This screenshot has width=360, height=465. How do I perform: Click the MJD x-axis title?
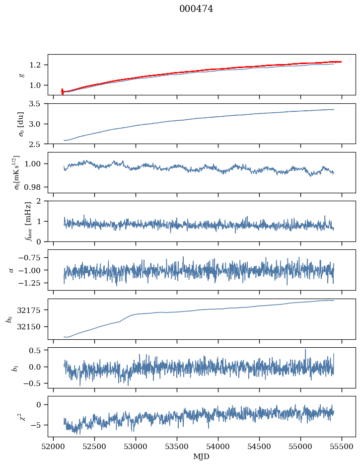click(x=202, y=457)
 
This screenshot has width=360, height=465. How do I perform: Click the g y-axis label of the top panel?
click(x=21, y=75)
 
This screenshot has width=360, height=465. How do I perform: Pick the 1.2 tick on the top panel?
click(x=38, y=65)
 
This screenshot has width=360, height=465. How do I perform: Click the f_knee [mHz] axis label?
click(x=28, y=221)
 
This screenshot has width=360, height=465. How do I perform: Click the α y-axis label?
click(x=12, y=270)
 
